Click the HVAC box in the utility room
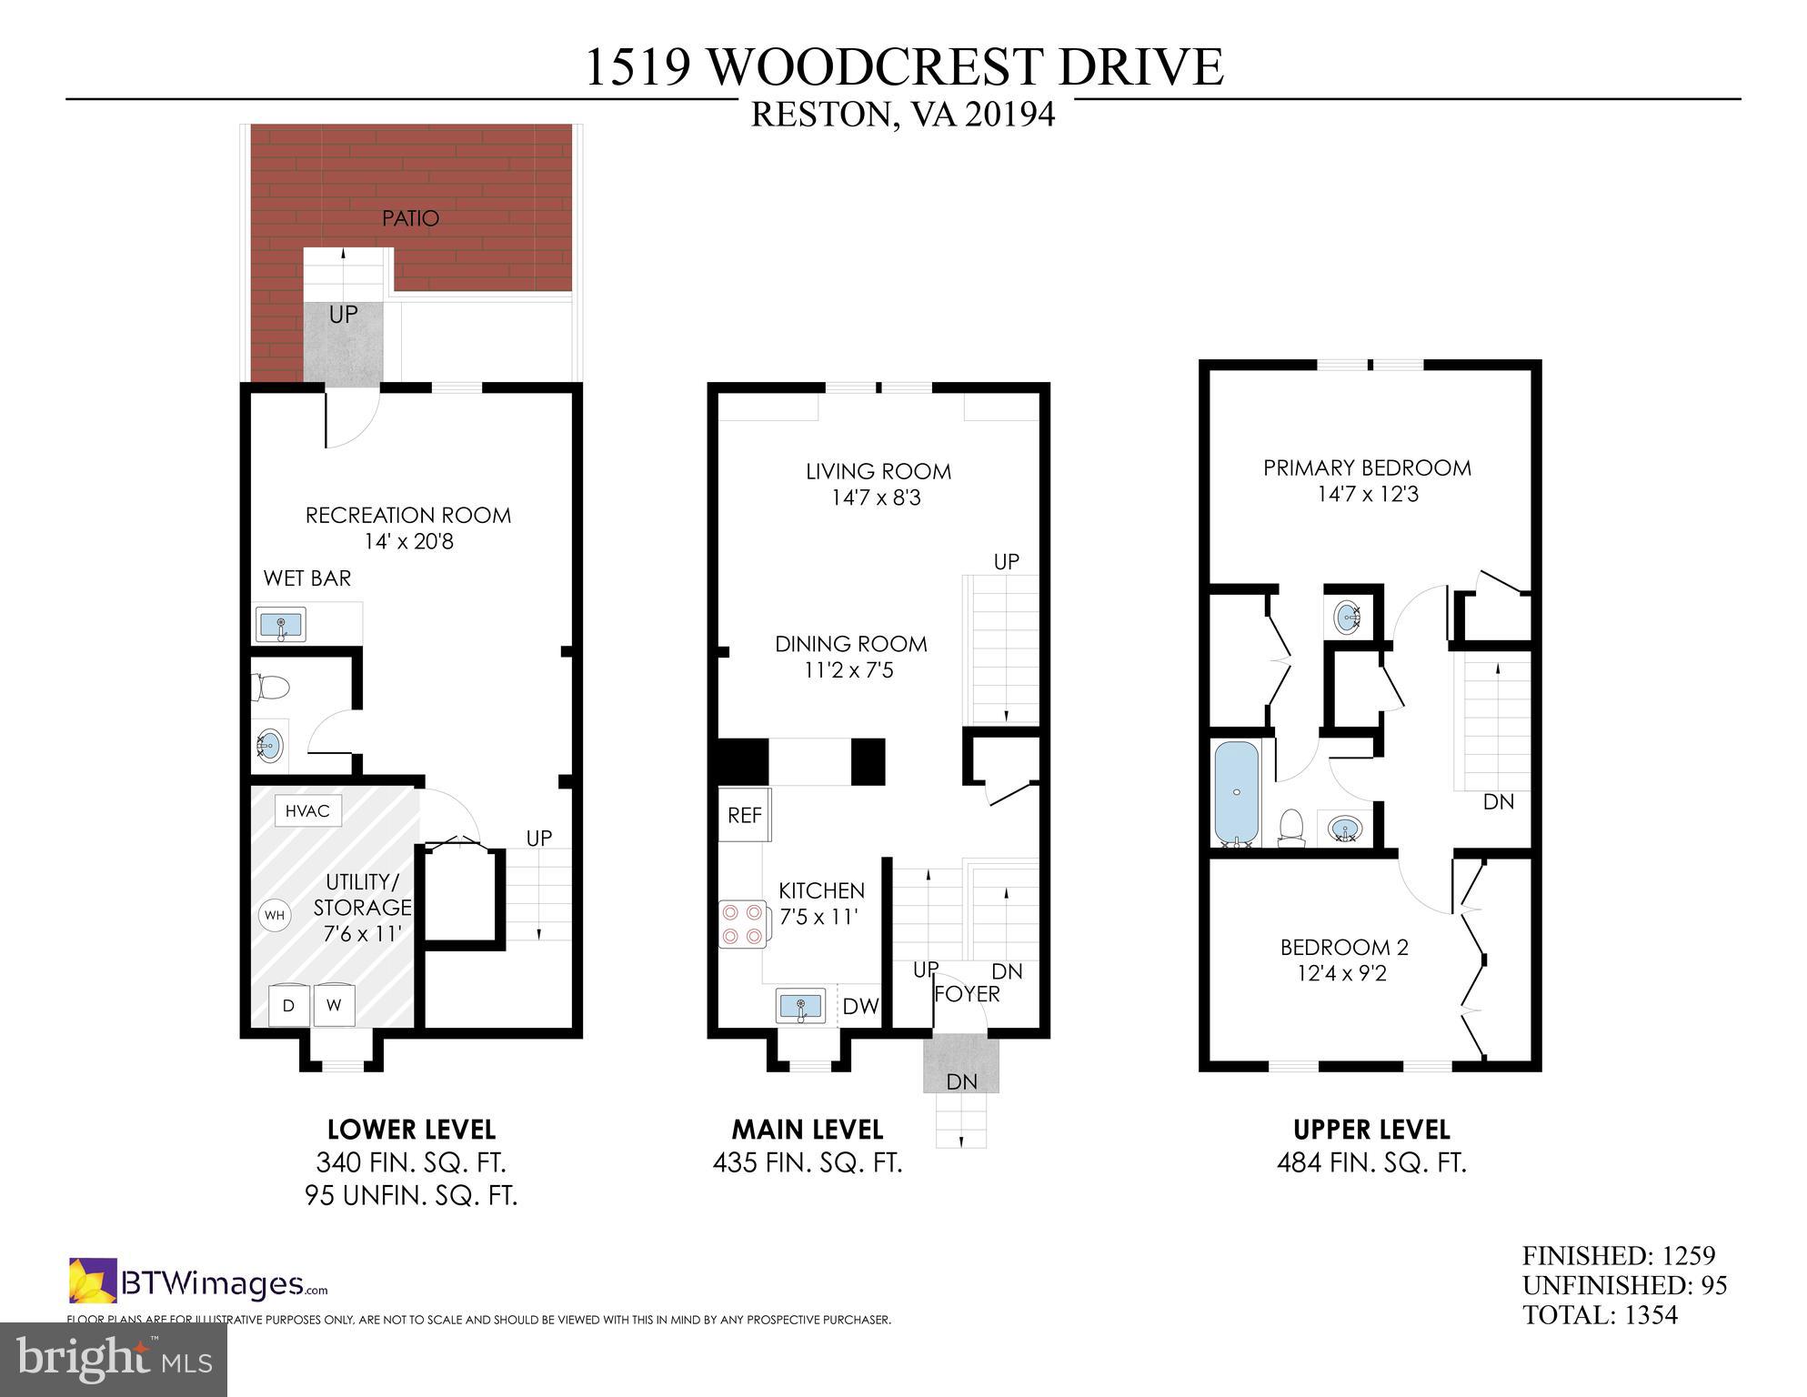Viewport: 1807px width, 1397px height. pos(307,810)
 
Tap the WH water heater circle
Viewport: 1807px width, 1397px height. pos(274,915)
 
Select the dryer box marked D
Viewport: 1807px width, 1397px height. pos(288,1005)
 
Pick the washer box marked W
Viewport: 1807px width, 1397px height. pos(334,1005)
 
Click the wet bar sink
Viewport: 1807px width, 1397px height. pos(281,626)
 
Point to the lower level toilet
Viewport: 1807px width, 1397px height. pos(270,687)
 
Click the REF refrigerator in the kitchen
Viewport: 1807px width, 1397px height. pos(744,815)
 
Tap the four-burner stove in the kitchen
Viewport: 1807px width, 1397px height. pos(742,923)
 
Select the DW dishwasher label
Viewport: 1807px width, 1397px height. pos(859,1006)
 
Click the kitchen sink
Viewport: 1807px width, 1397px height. pos(800,1007)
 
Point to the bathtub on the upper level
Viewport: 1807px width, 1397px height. pos(1237,793)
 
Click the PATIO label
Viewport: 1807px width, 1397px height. pos(410,218)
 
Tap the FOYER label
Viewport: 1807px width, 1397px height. pos(968,994)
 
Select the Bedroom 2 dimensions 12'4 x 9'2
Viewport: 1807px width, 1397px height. pos(1343,974)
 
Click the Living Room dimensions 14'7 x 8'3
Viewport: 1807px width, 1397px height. pos(877,497)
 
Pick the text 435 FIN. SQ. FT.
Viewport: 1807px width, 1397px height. pos(808,1162)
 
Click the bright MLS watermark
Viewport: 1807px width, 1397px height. pos(113,1359)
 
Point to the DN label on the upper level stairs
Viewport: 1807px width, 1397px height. pos(1498,801)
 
